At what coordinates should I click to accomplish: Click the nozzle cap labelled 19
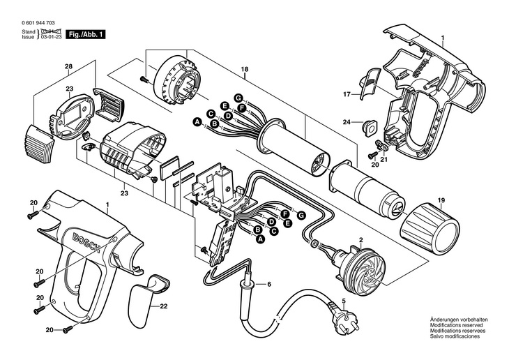pos(431,226)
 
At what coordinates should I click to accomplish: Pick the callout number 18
pos(245,68)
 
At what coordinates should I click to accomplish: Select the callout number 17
pos(345,93)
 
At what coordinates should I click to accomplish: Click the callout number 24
pos(346,123)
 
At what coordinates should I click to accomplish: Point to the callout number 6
pos(268,284)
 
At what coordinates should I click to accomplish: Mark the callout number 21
pos(383,159)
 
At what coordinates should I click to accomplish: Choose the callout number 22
pos(164,306)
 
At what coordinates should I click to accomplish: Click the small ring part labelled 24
pos(367,126)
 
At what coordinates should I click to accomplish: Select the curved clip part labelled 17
pos(370,81)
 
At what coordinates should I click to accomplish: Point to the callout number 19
pos(441,201)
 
